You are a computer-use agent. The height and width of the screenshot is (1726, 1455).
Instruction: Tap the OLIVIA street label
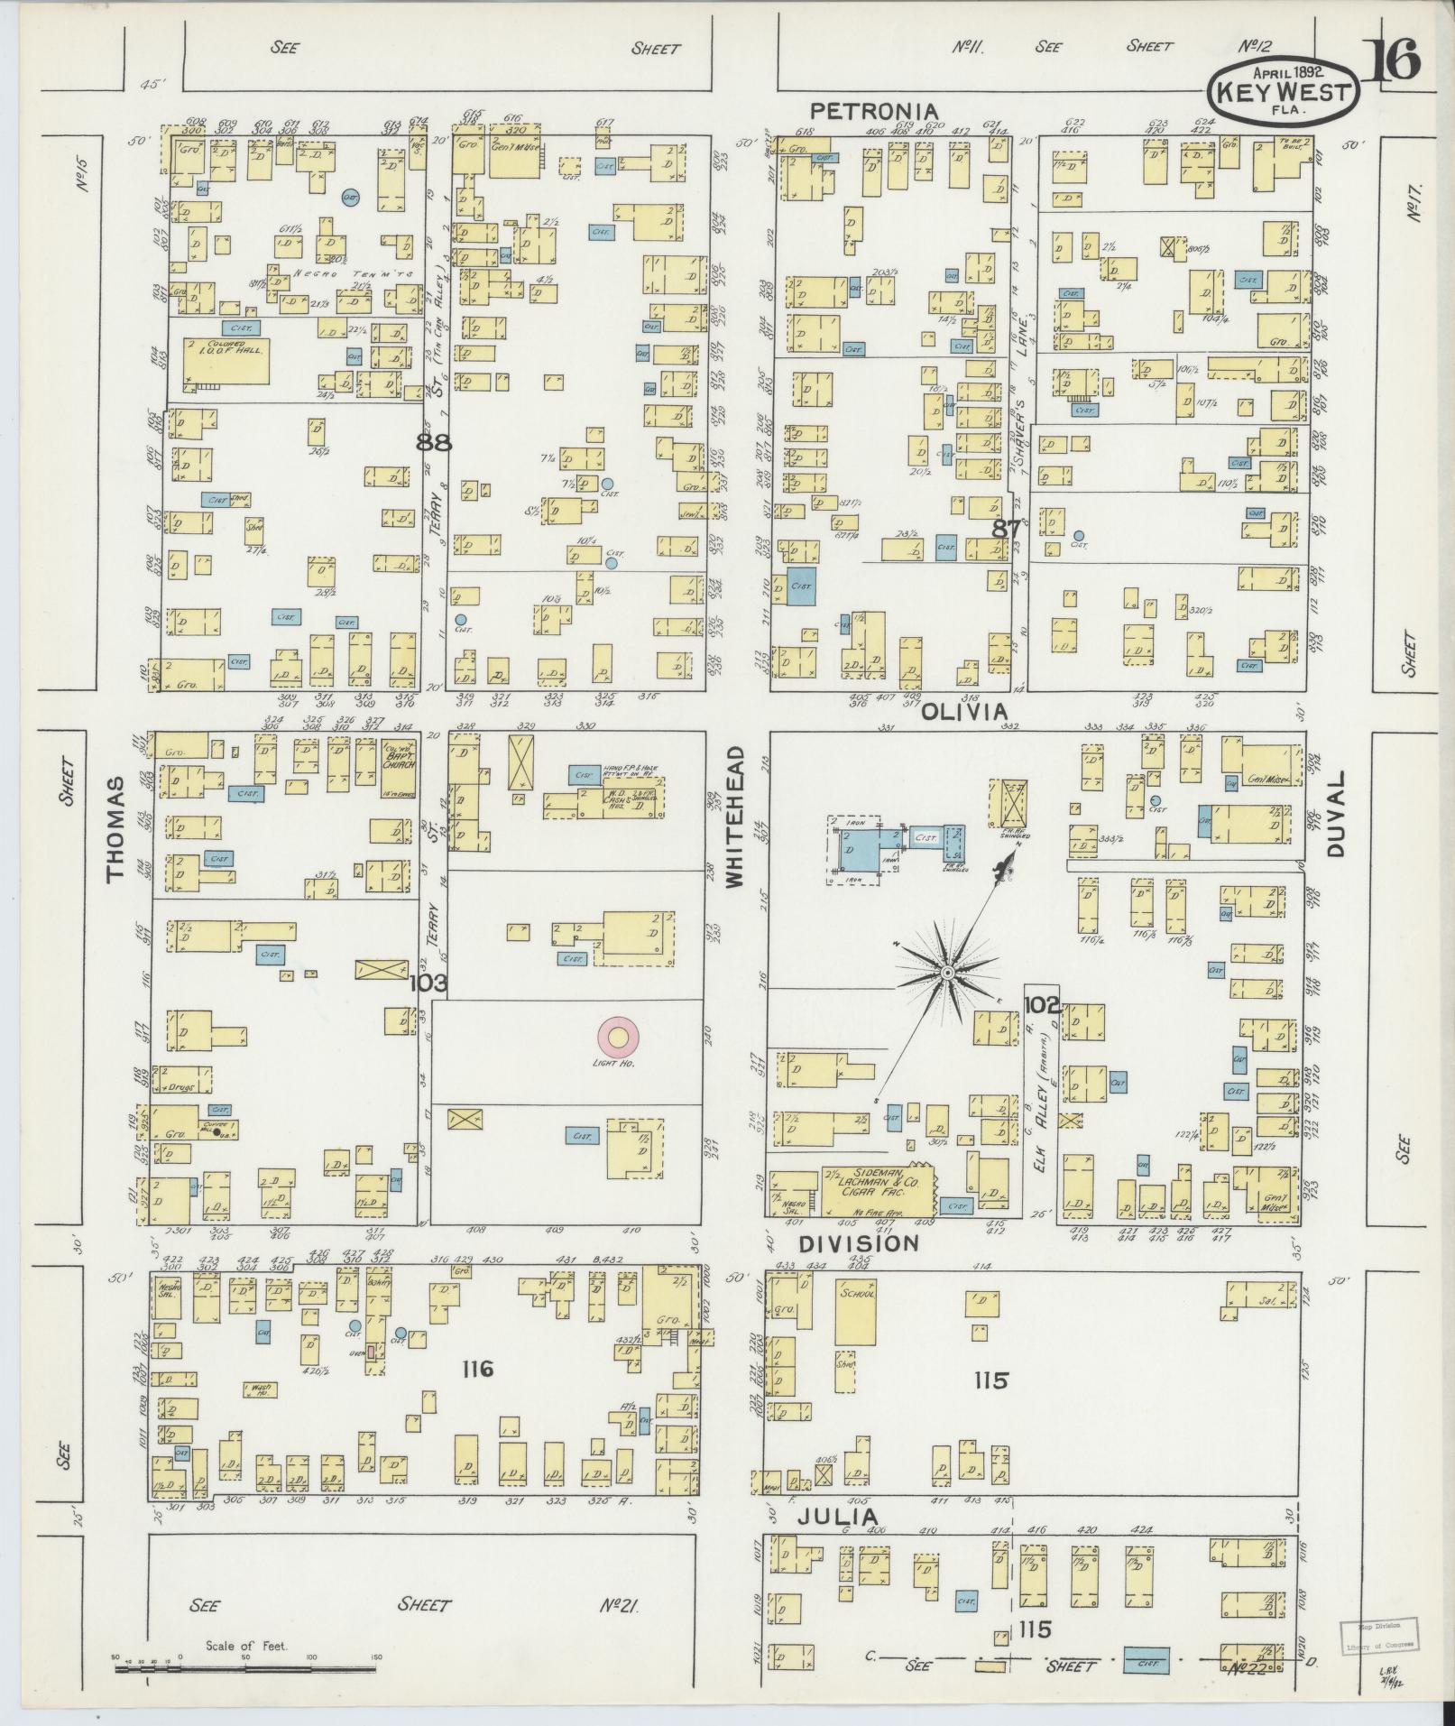tap(963, 713)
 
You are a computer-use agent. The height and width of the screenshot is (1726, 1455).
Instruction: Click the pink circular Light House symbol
tap(618, 1038)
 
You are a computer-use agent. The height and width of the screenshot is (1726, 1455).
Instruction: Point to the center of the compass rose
tap(948, 974)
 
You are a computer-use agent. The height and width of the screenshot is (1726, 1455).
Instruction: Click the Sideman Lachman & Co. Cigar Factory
tap(875, 1190)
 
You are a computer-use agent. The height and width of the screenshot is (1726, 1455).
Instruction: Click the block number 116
tap(476, 1395)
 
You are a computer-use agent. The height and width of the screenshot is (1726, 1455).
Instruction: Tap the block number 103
tap(428, 983)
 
